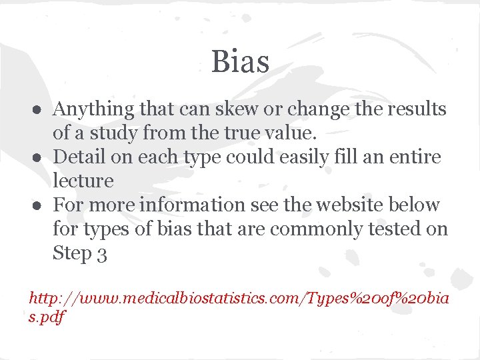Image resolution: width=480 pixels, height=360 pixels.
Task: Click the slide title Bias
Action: click(240, 62)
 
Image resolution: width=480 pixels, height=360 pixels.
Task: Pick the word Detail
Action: click(77, 157)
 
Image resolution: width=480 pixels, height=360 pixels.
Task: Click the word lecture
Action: click(83, 181)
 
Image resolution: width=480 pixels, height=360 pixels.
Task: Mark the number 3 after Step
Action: click(101, 254)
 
